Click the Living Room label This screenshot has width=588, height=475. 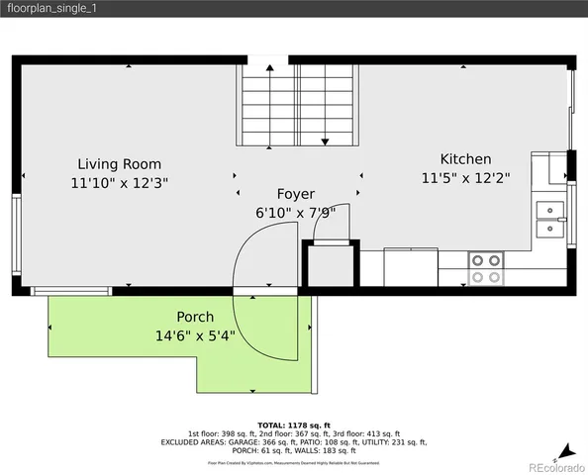pos(120,164)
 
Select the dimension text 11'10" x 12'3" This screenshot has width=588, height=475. pos(120,183)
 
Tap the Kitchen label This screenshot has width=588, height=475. pos(465,159)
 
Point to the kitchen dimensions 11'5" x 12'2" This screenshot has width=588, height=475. pos(465,179)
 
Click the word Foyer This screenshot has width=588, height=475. pos(296,194)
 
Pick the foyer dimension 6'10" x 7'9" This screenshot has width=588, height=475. pos(296,213)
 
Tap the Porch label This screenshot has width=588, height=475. pos(195,317)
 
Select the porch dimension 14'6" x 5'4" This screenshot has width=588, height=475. pos(195,335)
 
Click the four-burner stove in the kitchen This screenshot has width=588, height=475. pos(485,268)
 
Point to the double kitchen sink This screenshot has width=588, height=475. pos(548,219)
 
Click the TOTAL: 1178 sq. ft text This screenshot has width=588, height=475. pos(293,424)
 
